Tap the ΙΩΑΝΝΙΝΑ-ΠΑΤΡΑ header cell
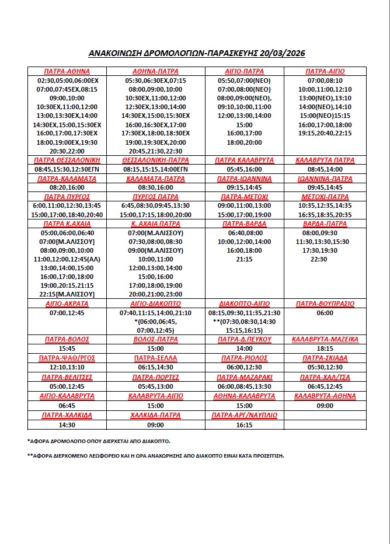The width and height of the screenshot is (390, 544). pyautogui.click(x=325, y=179)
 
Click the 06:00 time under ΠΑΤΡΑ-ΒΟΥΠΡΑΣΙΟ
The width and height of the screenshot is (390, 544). pyautogui.click(x=325, y=313)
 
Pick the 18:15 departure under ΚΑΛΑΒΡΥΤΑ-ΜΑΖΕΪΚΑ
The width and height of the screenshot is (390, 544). pyautogui.click(x=325, y=348)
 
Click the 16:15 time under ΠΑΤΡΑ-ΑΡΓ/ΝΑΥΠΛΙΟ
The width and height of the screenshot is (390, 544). pyautogui.click(x=245, y=424)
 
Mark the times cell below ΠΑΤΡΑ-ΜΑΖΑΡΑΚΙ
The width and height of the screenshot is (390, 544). pyautogui.click(x=245, y=386)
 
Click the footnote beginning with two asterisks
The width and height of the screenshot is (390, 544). pyautogui.click(x=156, y=456)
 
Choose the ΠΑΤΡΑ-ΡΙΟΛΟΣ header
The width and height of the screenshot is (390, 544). pyautogui.click(x=245, y=358)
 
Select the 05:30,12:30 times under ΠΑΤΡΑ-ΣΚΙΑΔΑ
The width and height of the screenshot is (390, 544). pyautogui.click(x=325, y=367)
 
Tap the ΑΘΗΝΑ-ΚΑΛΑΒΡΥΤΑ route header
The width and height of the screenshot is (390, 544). pyautogui.click(x=245, y=396)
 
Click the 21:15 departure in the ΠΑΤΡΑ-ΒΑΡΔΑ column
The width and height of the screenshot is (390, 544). pyautogui.click(x=245, y=259)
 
